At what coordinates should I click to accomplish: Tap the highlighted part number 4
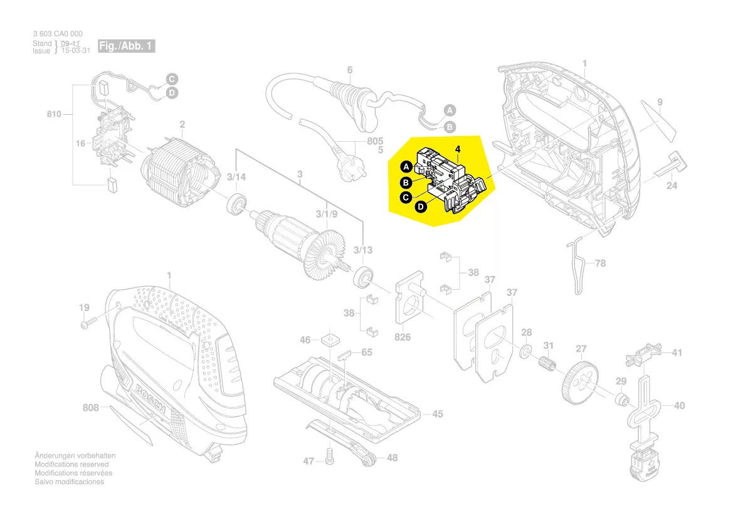458,149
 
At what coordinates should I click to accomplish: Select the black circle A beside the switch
406,167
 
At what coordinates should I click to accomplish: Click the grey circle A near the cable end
450,110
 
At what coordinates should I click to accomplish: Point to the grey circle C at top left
172,79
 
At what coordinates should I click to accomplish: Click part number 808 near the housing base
91,408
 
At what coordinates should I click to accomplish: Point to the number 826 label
403,337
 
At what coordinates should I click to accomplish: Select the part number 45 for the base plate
438,414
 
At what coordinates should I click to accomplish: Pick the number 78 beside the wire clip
600,263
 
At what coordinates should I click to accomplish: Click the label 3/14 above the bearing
236,177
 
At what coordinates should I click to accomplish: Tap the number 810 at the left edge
54,114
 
